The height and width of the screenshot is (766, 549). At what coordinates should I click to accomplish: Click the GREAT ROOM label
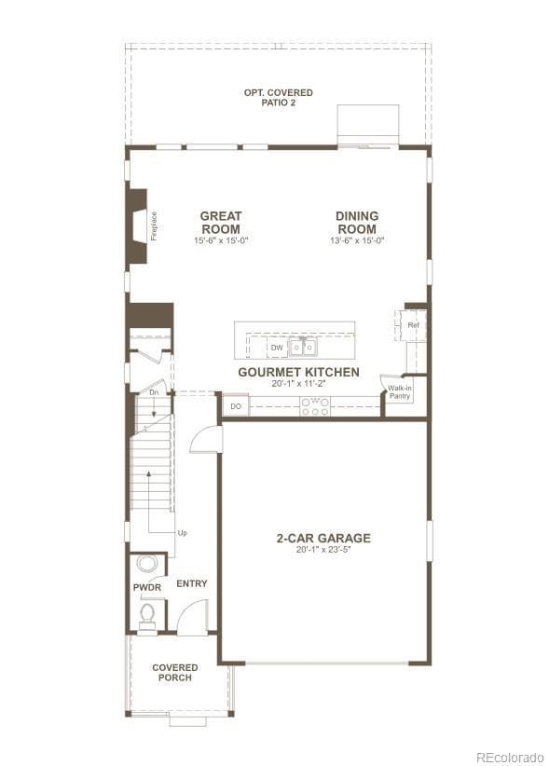221,223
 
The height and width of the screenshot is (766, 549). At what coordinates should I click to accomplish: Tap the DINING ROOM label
357,223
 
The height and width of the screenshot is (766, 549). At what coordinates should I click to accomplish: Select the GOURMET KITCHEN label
298,372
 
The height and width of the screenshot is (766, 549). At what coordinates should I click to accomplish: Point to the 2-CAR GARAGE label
323,538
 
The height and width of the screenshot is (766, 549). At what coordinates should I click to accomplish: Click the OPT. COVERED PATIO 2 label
278,97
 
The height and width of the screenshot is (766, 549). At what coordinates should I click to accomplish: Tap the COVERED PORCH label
175,672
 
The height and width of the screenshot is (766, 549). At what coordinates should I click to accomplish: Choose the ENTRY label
191,583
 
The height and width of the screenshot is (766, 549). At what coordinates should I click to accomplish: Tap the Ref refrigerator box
413,325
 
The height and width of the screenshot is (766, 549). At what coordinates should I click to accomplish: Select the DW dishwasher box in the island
277,348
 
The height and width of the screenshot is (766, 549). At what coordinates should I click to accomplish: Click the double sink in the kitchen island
302,348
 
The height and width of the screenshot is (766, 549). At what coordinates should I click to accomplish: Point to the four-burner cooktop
314,406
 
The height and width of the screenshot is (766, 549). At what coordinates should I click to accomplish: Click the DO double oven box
236,406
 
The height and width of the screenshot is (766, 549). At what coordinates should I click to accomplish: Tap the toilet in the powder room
147,613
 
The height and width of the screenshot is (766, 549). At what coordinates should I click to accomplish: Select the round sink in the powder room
147,563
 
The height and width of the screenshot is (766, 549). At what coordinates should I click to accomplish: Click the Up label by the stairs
182,533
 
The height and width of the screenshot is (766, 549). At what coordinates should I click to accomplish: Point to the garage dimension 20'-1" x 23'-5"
323,550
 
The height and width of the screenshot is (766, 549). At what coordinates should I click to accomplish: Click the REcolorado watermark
509,756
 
